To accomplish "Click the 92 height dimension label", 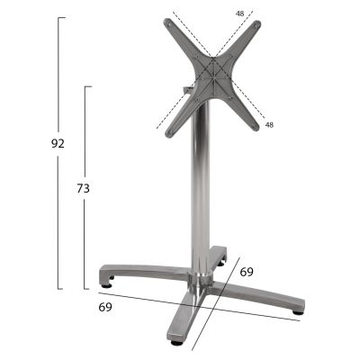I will pos(59,145).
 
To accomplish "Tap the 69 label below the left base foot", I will pos(106,308).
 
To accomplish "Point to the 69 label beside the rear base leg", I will pos(246,271).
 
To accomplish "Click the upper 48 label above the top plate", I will pos(239,13).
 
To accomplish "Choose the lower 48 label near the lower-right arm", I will pos(270,124).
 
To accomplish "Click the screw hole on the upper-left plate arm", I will pos(172,27).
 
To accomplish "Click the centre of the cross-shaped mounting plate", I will pos(213,76).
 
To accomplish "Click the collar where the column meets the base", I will pos(200,270).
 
